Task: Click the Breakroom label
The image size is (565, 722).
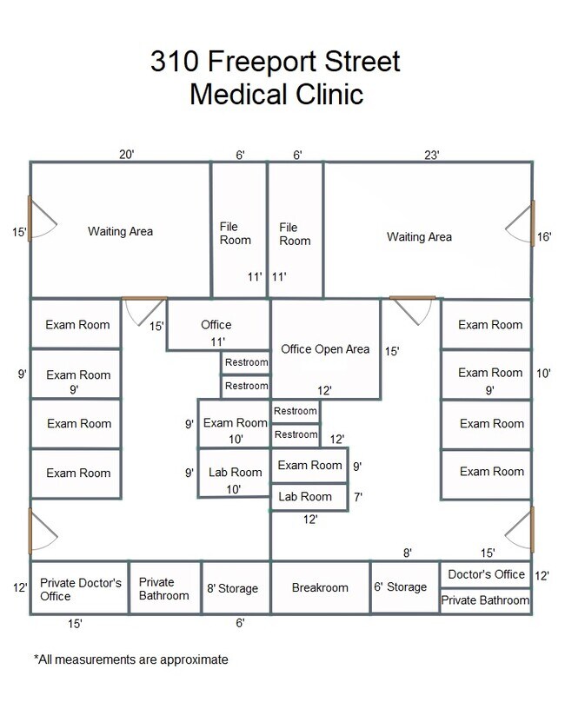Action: coord(320,588)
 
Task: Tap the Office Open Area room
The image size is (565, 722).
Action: coord(325,349)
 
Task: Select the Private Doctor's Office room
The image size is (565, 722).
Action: coord(80,589)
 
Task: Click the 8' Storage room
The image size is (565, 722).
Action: coord(232,588)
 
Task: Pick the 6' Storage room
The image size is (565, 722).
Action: coord(401,587)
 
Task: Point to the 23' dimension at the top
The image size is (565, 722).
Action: coord(432,155)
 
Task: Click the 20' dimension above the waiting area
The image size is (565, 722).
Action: coord(127,155)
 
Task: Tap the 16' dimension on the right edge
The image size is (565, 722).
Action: coord(545,236)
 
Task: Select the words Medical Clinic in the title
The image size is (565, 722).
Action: coord(276,93)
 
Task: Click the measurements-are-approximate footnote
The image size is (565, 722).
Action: coord(131,659)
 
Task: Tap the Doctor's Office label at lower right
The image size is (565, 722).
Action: coord(487,574)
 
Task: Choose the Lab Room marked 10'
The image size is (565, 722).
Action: coord(235,473)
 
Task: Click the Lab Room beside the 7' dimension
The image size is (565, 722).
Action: coord(304,497)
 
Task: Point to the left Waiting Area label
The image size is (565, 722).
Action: coord(120,231)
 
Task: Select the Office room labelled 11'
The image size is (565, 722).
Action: coord(216,325)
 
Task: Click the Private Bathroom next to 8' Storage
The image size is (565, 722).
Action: coord(163,589)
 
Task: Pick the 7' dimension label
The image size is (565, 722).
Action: coord(357,497)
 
